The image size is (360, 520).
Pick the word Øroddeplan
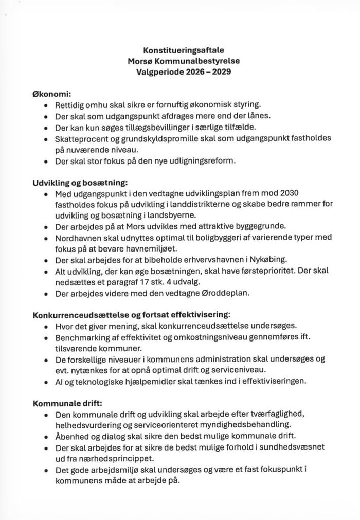point(225,294)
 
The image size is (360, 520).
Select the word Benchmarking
point(80,336)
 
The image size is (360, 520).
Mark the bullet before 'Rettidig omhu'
point(46,105)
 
